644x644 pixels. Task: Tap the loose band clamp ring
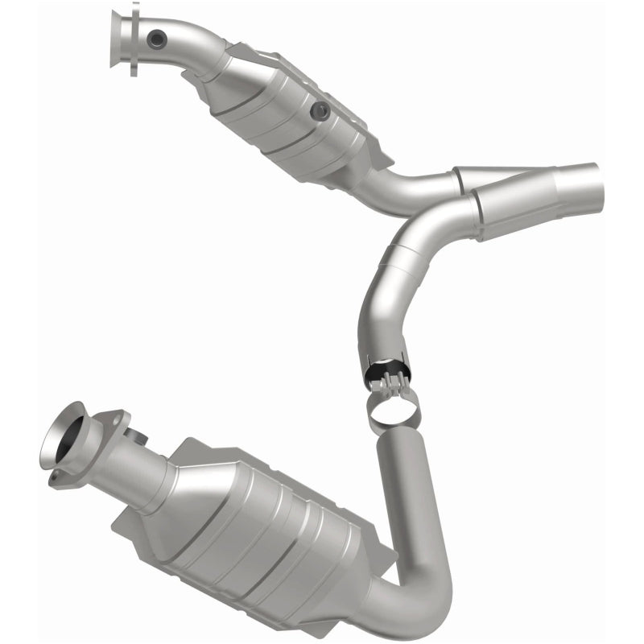pos(395,407)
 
